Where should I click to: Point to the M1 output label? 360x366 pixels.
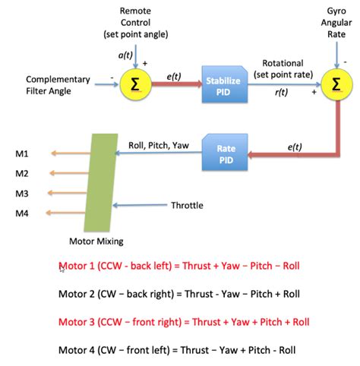pos(22,154)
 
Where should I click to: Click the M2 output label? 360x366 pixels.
pos(22,174)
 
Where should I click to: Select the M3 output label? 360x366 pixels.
pos(22,194)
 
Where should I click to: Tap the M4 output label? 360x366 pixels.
pos(22,213)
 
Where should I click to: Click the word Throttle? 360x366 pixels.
pos(187,205)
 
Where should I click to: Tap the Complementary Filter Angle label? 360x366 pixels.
pos(58,85)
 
